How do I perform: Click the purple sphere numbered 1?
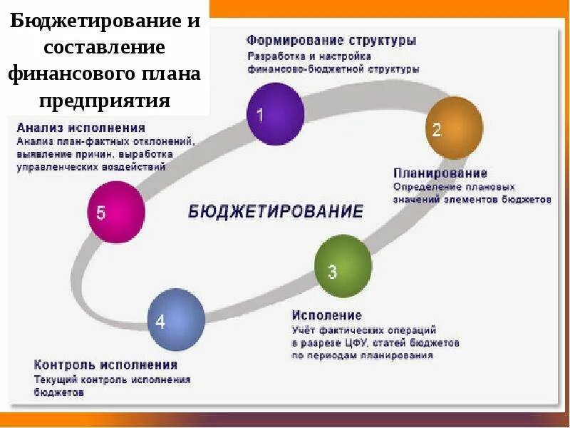point(275,114)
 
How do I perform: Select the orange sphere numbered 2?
point(455,128)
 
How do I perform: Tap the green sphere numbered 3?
point(343,267)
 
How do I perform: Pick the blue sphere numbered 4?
point(176,319)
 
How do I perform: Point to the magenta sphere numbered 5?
point(115,212)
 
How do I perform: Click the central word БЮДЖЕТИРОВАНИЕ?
point(276,211)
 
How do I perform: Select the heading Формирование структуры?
point(331,41)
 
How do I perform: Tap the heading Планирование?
point(440,173)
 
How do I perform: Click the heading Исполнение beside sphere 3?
point(326,315)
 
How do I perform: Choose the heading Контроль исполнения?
point(105,365)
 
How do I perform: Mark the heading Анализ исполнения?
point(81,128)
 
